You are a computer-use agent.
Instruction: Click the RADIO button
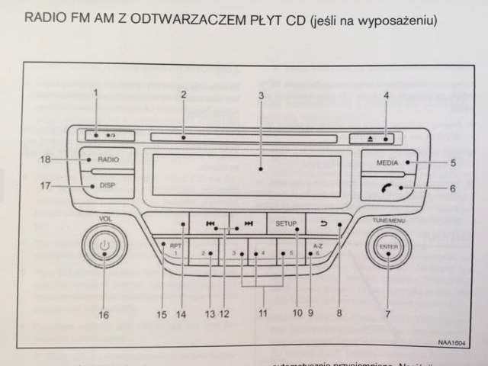(107, 160)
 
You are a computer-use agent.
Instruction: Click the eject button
(376, 137)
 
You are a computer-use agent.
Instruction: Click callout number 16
(104, 314)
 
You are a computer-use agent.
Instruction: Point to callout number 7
(387, 314)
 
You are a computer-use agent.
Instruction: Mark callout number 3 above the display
(261, 97)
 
